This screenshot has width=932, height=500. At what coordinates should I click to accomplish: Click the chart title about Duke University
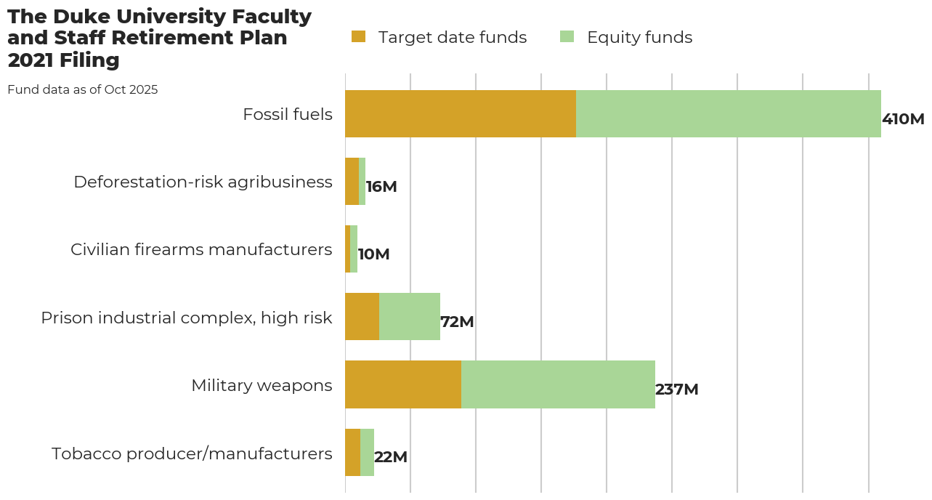tap(159, 38)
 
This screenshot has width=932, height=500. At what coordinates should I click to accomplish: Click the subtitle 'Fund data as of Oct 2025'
tap(82, 90)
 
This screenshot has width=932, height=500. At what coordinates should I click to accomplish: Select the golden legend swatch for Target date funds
tap(359, 36)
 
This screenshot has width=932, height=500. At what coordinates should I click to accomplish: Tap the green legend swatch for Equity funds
tap(567, 36)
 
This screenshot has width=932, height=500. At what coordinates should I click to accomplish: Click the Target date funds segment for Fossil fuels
tap(460, 114)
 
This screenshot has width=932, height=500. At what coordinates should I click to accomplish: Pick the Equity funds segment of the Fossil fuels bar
tap(728, 114)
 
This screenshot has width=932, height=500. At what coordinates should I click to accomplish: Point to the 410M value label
tap(903, 119)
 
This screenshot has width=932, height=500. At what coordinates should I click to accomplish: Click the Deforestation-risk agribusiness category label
tap(203, 182)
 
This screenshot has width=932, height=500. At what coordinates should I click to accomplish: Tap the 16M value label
tap(381, 187)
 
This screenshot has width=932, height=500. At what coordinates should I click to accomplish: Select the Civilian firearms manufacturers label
tap(201, 249)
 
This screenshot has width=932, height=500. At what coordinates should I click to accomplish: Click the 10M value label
tap(374, 254)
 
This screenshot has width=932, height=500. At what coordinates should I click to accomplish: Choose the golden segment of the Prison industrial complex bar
tap(362, 317)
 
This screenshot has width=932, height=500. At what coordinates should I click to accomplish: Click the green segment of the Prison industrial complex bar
tap(410, 317)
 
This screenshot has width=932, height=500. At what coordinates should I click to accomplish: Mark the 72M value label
tap(458, 322)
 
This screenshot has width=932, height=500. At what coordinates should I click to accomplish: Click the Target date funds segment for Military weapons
tap(403, 384)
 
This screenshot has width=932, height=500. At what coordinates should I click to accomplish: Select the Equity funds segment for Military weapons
tap(558, 384)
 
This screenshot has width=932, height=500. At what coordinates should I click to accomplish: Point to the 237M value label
tap(677, 390)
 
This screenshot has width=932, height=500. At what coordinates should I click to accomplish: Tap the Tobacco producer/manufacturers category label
tap(192, 453)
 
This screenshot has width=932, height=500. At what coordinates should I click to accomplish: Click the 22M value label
tap(391, 457)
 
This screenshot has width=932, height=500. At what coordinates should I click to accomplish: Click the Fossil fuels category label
tap(288, 114)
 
